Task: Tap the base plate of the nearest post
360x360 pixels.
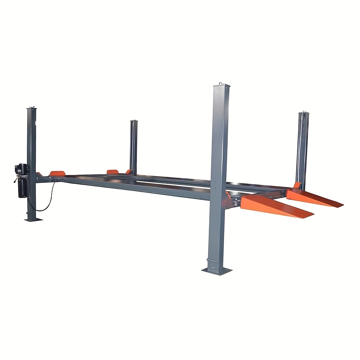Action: [x=217, y=270]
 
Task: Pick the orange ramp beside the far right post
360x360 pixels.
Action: [x=315, y=198]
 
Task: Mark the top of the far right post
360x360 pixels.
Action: [x=303, y=114]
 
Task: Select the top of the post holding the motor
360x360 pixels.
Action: [x=32, y=108]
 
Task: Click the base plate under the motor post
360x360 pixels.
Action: [x=33, y=219]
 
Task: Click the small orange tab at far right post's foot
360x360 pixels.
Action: [x=297, y=186]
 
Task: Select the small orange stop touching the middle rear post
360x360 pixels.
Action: [x=128, y=172]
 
